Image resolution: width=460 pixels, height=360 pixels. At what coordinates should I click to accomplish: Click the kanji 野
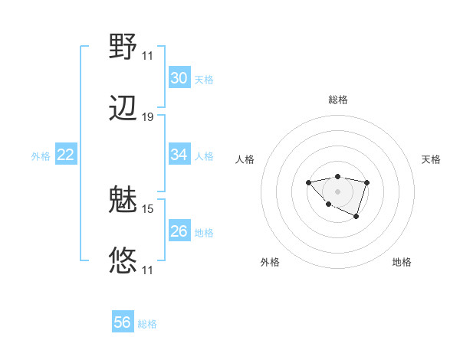pyautogui.click(x=123, y=47)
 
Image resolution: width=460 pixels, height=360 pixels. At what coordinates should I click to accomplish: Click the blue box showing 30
pyautogui.click(x=179, y=78)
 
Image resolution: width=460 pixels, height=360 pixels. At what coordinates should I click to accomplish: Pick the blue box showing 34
pyautogui.click(x=179, y=155)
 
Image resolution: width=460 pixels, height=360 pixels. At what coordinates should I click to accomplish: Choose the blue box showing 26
pyautogui.click(x=179, y=231)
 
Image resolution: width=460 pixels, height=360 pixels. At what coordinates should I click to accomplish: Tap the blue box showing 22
pyautogui.click(x=66, y=155)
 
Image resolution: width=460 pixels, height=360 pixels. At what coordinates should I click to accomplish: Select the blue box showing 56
pyautogui.click(x=123, y=322)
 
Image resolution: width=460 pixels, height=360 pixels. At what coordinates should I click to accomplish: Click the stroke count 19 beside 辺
pyautogui.click(x=148, y=117)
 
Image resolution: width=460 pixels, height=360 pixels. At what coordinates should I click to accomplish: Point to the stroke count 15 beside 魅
pyautogui.click(x=148, y=208)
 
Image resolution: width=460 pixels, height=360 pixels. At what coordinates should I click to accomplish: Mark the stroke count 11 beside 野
pyautogui.click(x=148, y=56)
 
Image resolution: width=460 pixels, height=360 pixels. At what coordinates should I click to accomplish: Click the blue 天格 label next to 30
pyautogui.click(x=204, y=79)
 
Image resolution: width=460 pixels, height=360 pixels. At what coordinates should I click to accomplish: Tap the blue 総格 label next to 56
pyautogui.click(x=147, y=324)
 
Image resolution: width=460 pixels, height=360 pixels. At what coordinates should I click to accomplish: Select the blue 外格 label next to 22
pyautogui.click(x=41, y=155)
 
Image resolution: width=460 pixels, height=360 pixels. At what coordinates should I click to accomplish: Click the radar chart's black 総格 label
pyautogui.click(x=338, y=100)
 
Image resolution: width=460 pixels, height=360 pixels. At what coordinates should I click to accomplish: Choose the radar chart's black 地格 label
pyautogui.click(x=402, y=262)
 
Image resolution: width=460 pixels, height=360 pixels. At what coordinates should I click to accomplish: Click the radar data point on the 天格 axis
pyautogui.click(x=367, y=182)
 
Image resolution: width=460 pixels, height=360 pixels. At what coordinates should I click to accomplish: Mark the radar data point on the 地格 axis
pyautogui.click(x=356, y=217)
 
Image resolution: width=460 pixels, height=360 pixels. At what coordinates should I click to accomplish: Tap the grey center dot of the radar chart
pyautogui.click(x=338, y=191)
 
